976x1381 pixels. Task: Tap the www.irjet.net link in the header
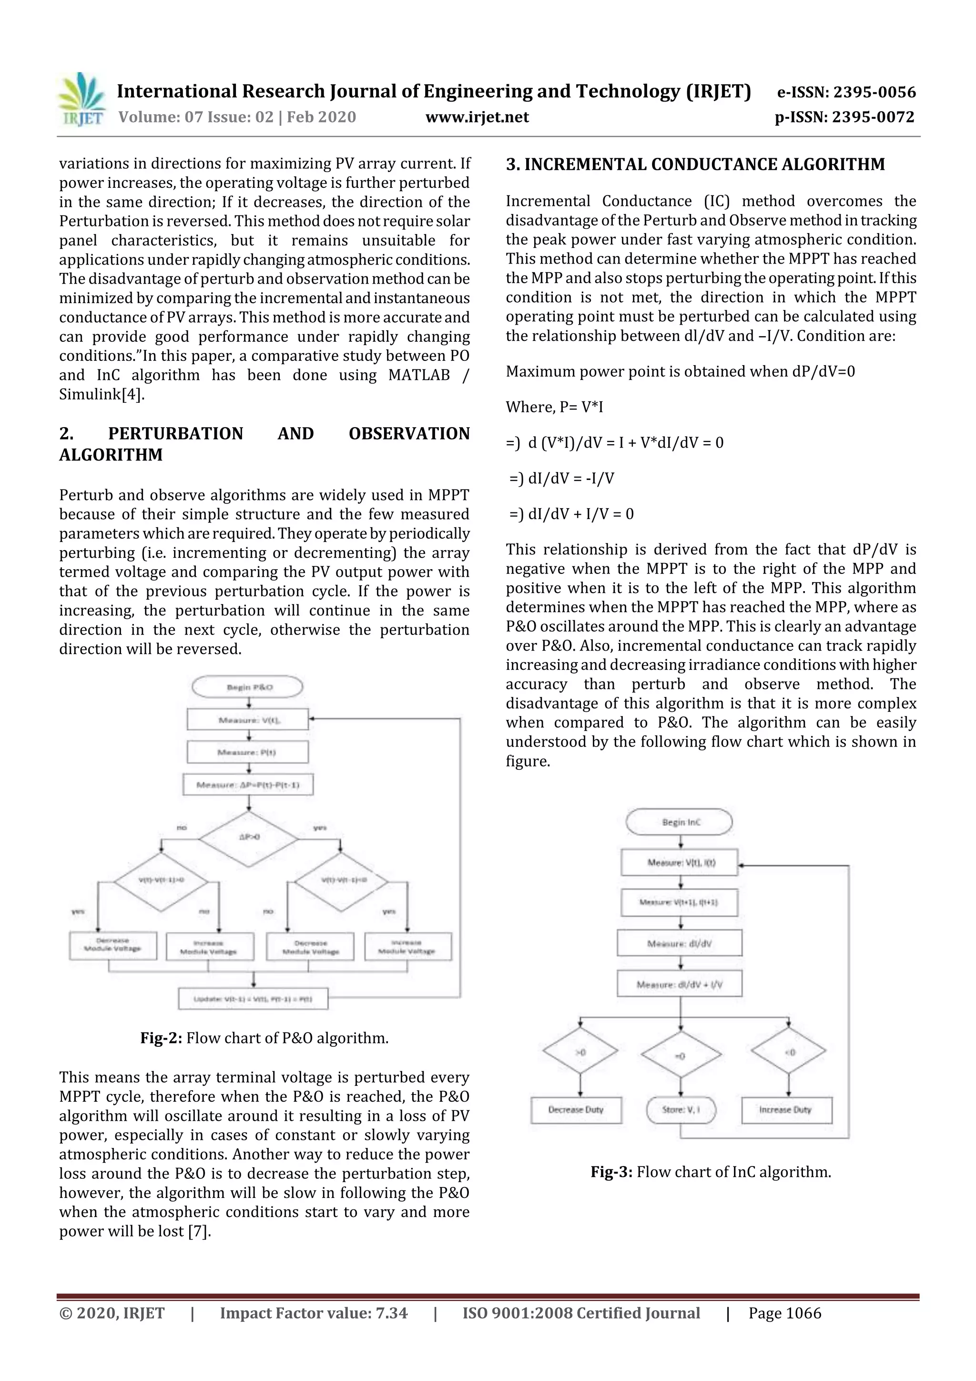pos(477,117)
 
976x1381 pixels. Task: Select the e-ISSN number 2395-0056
pos(874,92)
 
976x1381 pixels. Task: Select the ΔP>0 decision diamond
pos(248,837)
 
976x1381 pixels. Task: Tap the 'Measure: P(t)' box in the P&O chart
pos(248,752)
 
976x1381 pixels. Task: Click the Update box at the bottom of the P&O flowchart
pos(253,999)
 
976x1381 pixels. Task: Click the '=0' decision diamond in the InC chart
pos(681,1054)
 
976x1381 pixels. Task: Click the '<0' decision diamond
pos(788,1052)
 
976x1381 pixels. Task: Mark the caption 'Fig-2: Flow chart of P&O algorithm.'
pos(264,1038)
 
